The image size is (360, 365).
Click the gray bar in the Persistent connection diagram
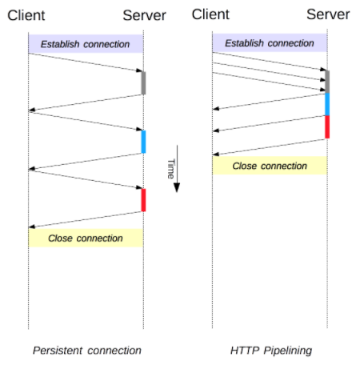(143, 83)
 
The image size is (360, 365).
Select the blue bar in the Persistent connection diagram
(143, 142)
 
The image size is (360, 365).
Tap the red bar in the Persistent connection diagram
(143, 200)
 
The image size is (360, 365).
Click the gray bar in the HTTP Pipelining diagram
(327, 82)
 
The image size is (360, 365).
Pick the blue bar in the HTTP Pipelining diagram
(327, 104)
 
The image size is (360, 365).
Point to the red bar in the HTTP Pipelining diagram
(327, 127)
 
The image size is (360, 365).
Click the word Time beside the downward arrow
(171, 169)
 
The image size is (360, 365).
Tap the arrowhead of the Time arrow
(177, 187)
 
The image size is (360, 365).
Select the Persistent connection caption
(87, 351)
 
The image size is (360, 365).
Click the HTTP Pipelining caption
(271, 351)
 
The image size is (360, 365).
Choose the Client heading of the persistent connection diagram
(26, 15)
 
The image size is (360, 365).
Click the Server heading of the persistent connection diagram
(144, 15)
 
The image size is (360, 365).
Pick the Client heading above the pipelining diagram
(210, 14)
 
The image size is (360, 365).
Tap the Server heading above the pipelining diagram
(328, 14)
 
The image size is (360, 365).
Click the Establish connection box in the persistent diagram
(86, 44)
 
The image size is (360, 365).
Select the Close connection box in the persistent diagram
(86, 238)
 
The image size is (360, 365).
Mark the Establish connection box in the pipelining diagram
(270, 42)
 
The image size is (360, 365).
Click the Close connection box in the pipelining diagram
(270, 166)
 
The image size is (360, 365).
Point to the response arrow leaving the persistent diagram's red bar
(85, 219)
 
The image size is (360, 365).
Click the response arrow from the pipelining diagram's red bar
(269, 147)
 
